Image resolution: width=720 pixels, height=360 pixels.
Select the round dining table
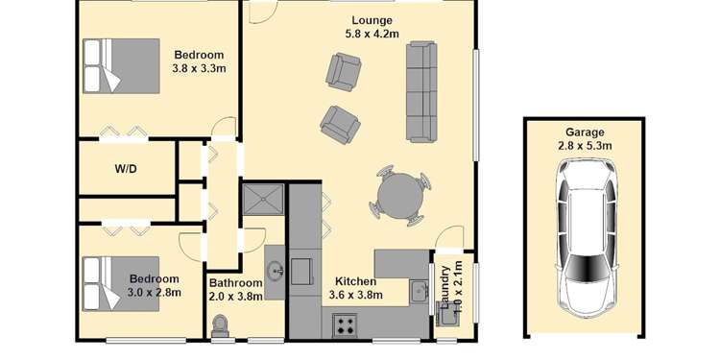[398, 197]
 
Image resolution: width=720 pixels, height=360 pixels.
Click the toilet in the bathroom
[220, 327]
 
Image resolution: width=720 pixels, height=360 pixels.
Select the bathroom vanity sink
[275, 270]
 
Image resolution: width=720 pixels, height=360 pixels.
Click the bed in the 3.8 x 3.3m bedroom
[120, 65]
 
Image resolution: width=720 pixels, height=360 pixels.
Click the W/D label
[126, 169]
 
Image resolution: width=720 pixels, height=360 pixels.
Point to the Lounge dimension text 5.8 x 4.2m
[371, 35]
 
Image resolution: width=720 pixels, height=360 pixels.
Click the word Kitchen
[354, 281]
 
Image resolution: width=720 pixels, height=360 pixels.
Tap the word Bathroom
[235, 283]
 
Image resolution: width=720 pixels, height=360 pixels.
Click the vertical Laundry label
[444, 283]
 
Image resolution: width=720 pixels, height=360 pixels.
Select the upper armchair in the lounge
[344, 70]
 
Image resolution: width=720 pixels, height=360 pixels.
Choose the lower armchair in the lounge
[340, 122]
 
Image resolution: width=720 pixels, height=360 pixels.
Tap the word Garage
[585, 132]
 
